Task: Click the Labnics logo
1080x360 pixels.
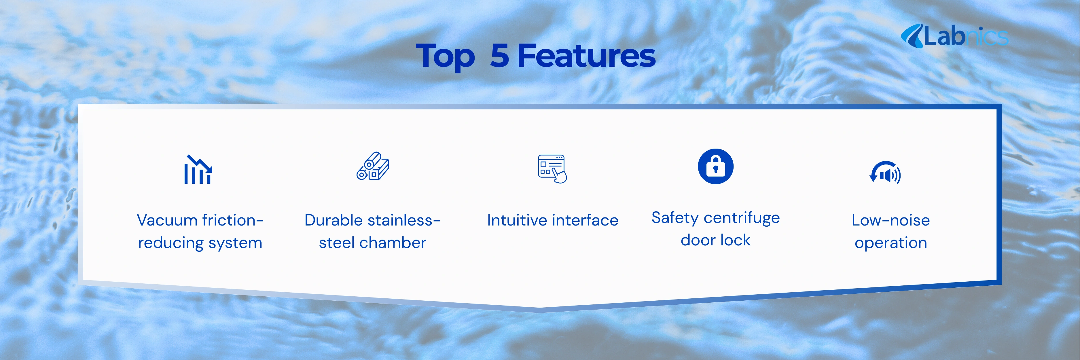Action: pos(955,36)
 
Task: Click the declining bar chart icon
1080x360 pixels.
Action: pos(198,169)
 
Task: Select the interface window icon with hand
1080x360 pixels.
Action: pos(552,169)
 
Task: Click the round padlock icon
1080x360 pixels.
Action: pos(716,166)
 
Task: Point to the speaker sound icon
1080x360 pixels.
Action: pos(885,173)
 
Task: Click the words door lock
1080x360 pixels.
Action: pos(716,240)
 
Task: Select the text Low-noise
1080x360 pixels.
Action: pos(891,220)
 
